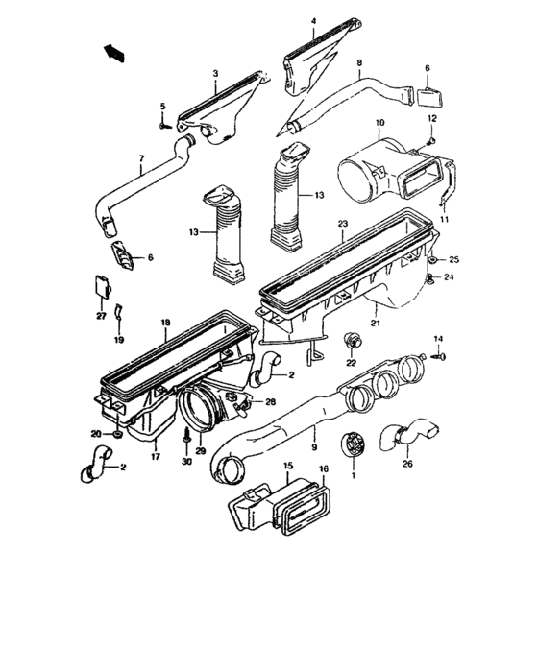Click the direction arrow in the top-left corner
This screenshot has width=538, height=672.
(x=113, y=51)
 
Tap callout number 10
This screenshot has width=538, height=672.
(x=379, y=123)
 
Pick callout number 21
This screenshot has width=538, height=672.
(x=377, y=324)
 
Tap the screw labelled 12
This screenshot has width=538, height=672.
(x=431, y=141)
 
